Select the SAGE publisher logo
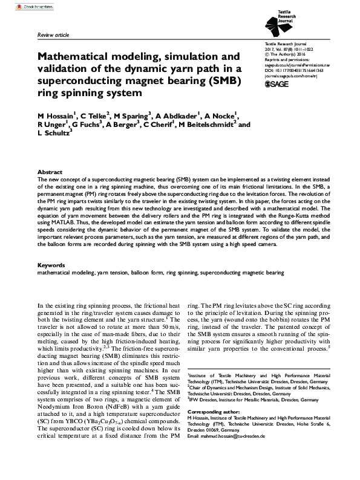click(278, 85)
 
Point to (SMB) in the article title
click(222, 80)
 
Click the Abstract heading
click(50, 172)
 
